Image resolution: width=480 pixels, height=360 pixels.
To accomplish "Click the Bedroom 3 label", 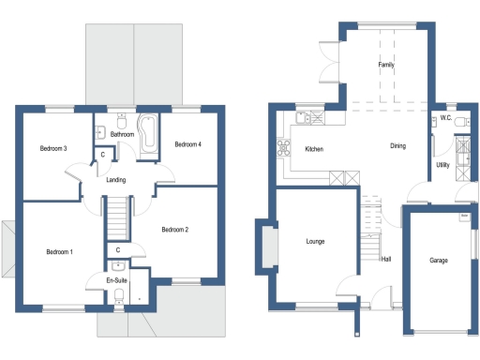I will pos(52,148).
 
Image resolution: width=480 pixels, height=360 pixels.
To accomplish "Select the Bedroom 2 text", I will pos(174,230).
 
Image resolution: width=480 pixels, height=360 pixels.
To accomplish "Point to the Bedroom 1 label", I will pos(60,251).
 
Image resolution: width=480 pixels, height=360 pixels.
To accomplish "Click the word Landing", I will pos(116,180).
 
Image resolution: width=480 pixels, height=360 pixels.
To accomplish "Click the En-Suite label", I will pos(116,279).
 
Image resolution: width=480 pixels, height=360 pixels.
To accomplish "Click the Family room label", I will pos(385,66).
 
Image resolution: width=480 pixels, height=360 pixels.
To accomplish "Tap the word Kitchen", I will pos(315,150).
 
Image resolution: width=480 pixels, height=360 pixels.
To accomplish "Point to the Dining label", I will pos(398,145).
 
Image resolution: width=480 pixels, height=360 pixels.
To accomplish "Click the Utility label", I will pos(442,165).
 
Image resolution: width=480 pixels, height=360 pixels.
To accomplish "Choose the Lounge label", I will pos(315,241).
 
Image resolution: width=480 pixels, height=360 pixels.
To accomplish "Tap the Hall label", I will pos(385,259).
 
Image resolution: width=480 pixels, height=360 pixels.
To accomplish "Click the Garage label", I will pos(438,260).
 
